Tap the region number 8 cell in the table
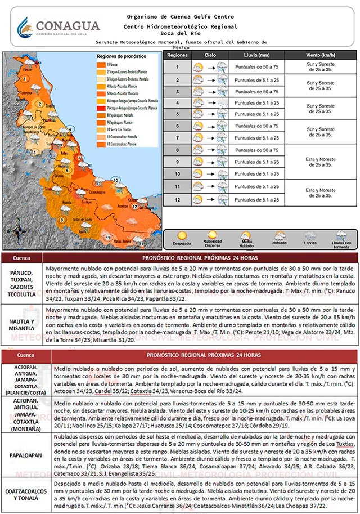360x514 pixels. click(x=177, y=150)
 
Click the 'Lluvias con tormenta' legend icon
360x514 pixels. click(x=341, y=236)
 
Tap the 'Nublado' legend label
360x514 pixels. click(x=280, y=245)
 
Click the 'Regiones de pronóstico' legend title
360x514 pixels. click(x=121, y=57)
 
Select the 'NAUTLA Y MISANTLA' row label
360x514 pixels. click(x=21, y=325)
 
